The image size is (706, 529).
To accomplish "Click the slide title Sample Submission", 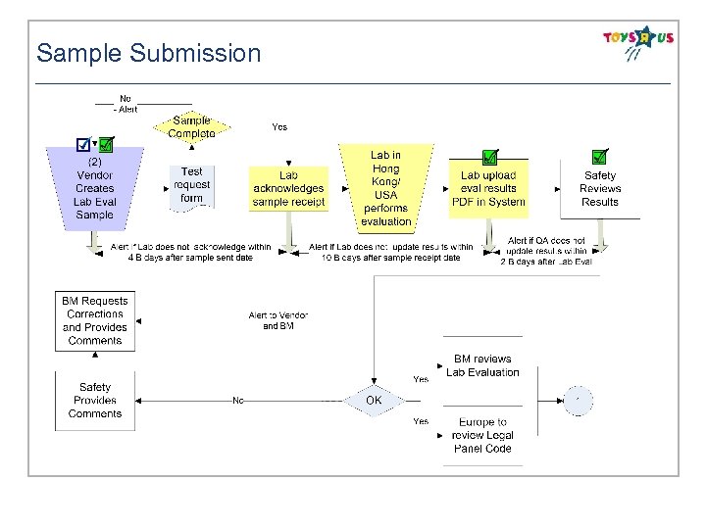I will coord(149,53).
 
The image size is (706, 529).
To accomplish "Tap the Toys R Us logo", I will coord(638,42).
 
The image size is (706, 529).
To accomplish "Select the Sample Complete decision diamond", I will coord(192,127).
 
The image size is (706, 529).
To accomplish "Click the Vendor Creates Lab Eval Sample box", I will coord(95,188).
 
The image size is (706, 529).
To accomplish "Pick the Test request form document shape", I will coord(192,184).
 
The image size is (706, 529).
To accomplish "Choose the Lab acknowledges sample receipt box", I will coord(288,188).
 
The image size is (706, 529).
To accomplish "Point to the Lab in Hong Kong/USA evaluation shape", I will coord(385,187).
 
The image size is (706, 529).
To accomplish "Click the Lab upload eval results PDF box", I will coord(488,188).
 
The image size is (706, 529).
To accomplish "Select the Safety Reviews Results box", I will coord(600,188).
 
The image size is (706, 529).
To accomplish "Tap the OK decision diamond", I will coord(374,400).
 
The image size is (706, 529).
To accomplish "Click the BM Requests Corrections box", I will coord(95,320).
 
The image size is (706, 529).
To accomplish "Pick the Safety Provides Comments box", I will coord(95,400).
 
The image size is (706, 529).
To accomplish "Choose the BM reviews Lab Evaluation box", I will coord(482,365).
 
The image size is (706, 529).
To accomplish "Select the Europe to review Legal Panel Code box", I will coord(482,435).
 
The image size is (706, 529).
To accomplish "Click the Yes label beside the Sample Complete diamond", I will coord(279,127).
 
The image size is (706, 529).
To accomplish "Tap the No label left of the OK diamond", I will coord(238,400).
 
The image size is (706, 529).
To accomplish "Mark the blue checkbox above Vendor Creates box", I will coord(84,145).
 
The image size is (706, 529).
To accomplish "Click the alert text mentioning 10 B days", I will coord(391,253).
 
